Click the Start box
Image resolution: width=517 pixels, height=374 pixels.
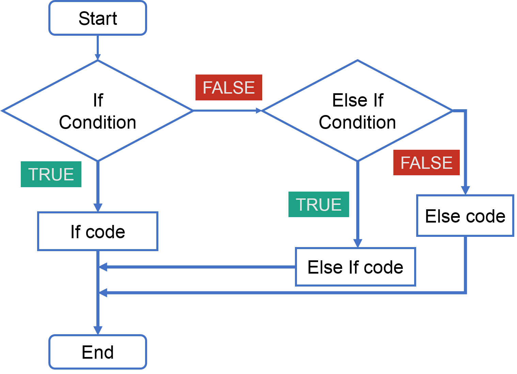[x=98, y=18]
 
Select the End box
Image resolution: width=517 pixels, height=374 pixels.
[x=98, y=352]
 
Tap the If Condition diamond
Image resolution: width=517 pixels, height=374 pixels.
[x=98, y=111]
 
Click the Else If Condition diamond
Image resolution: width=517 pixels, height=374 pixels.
[x=357, y=111]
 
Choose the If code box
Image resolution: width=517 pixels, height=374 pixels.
[x=98, y=231]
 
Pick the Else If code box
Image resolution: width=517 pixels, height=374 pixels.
[x=355, y=267]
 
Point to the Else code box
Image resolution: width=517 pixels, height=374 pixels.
[x=465, y=216]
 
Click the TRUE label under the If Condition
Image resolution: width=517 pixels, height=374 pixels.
[x=51, y=174]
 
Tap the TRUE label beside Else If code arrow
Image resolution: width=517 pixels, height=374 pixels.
[x=318, y=205]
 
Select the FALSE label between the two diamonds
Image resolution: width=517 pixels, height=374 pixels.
[x=229, y=88]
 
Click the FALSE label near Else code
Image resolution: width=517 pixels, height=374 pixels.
[x=426, y=163]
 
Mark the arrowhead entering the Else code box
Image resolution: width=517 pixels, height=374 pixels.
[x=465, y=191]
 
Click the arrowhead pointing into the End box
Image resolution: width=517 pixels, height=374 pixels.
[x=98, y=330]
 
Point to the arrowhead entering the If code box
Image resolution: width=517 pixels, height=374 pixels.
[x=98, y=208]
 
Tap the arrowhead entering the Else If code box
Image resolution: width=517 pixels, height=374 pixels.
[x=358, y=243]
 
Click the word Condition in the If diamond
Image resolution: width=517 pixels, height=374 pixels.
[x=98, y=123]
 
